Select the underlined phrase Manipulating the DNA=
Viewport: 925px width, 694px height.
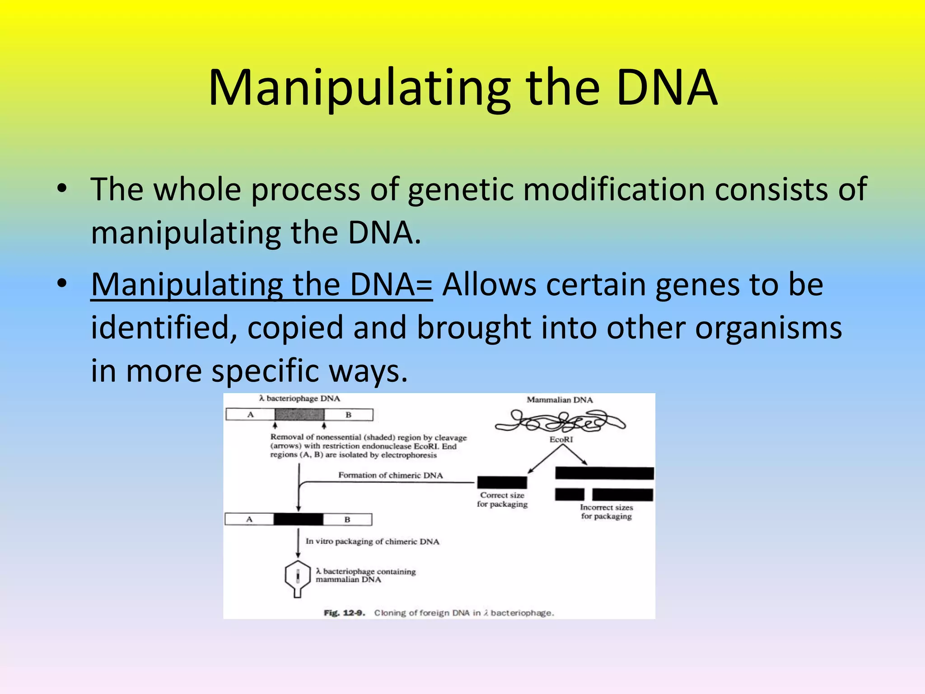(262, 285)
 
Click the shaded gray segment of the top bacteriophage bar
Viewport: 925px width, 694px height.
(299, 415)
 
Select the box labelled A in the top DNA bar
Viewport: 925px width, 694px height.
(250, 415)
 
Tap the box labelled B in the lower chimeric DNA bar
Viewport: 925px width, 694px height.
(347, 520)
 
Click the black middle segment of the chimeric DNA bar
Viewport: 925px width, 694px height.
(298, 520)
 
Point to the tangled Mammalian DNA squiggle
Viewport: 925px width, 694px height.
(560, 422)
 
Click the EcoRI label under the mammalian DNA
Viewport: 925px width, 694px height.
(561, 440)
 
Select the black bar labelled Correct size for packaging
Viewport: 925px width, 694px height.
(502, 483)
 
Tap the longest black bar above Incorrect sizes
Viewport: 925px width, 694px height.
(604, 473)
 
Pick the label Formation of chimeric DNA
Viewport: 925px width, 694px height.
(390, 475)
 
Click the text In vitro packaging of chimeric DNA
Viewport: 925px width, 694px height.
(372, 541)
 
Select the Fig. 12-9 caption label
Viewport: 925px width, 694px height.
(344, 613)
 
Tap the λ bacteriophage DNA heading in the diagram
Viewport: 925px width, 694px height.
(299, 399)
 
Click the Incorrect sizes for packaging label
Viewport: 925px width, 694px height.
(606, 512)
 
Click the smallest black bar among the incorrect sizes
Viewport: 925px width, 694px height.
(570, 495)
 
